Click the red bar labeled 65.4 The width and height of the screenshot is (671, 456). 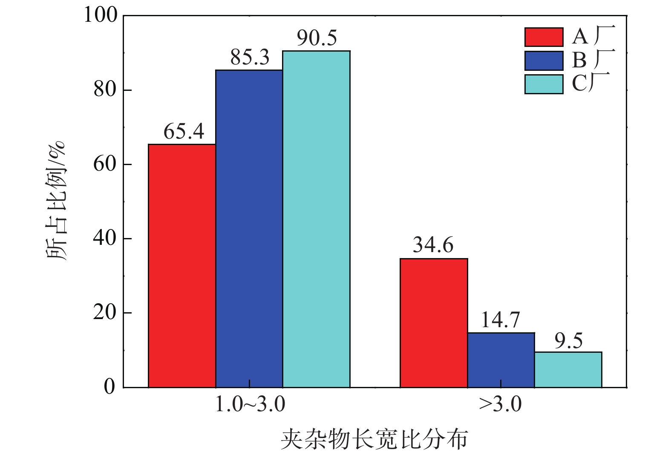coord(182,266)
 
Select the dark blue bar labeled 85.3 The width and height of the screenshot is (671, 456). coord(249,229)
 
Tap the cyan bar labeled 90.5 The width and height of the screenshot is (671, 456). coord(317,219)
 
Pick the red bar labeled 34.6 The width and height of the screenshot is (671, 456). coord(434,323)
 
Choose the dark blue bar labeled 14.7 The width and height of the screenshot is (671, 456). coord(501,360)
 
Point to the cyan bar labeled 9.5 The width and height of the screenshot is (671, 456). coord(568,369)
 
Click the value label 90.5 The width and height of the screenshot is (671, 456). coord(317,38)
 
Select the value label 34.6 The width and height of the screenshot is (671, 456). coord(433,246)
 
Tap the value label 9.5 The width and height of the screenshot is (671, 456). coord(568,341)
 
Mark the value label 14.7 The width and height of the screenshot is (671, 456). coord(501,320)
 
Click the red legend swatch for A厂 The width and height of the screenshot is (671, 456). coord(544,37)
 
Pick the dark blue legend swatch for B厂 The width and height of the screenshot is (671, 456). coord(544,61)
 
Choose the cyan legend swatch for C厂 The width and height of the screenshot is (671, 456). coord(544,84)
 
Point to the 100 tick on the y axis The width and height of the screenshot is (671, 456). coord(101,15)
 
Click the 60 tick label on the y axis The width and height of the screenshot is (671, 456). coord(105,164)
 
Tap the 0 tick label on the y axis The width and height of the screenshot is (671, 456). coord(110,387)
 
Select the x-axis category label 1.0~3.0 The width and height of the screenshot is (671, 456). coord(250,404)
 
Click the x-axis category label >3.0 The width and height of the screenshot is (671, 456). coord(500,404)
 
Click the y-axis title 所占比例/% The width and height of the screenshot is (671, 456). coord(56,200)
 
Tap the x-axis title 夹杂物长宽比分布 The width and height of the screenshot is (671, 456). coord(374,439)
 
